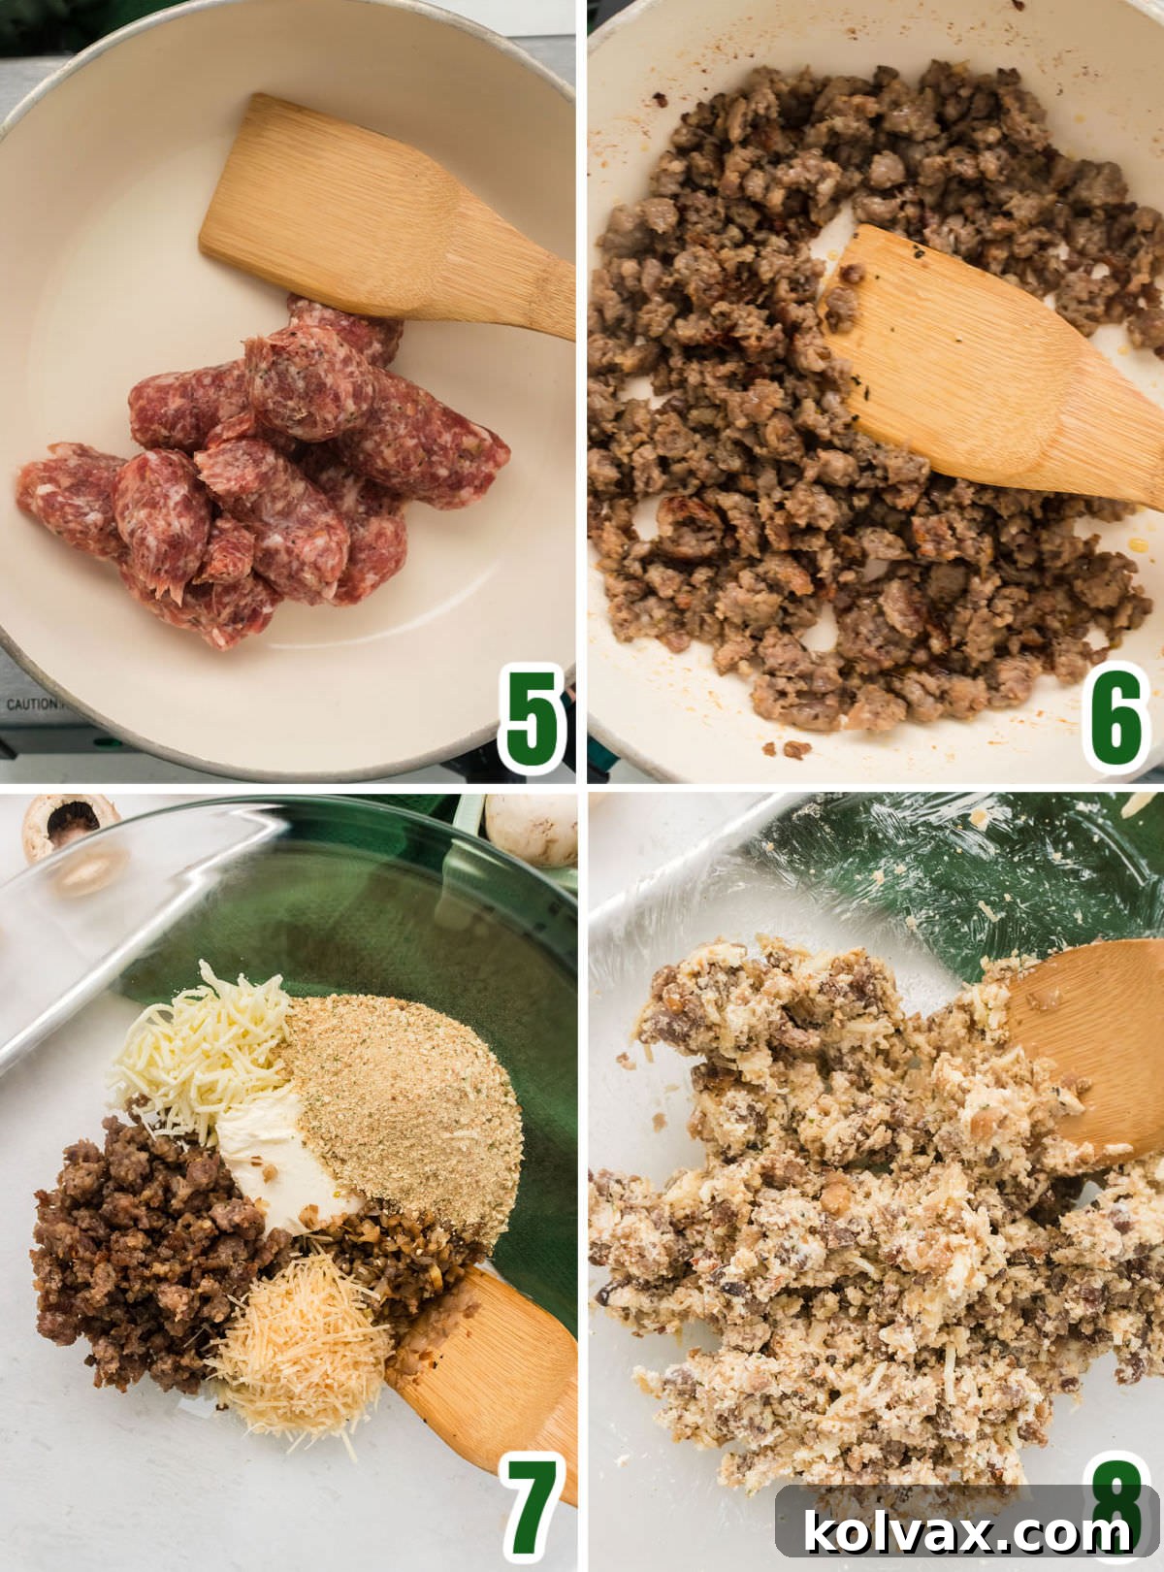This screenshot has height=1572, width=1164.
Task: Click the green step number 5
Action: coord(532,718)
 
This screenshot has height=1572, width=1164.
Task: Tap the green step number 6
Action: coord(1115,718)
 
